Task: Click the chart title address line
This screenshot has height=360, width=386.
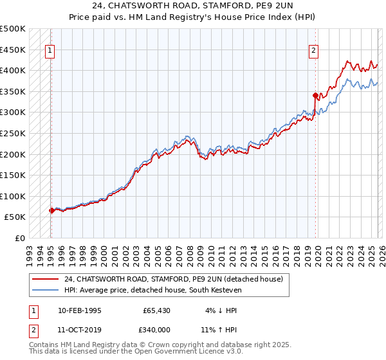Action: pos(193,6)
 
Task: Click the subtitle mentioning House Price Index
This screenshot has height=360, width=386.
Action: pos(193,17)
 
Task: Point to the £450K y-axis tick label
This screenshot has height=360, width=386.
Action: pos(13,50)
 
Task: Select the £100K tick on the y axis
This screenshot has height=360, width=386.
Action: pos(13,196)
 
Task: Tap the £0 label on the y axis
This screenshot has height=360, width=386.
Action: pos(19,238)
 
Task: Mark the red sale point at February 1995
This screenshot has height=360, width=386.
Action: pos(51,210)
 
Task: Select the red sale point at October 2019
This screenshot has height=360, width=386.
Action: pos(315,95)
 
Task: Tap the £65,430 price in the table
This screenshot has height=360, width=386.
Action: pos(156,310)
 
